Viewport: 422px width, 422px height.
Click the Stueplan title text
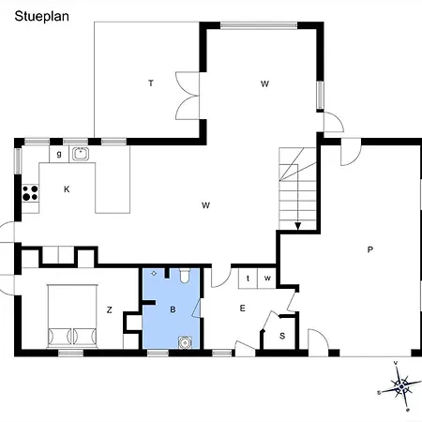tap(42, 17)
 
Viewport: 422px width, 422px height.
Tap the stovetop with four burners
tap(30, 193)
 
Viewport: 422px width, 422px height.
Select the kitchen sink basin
tap(81, 154)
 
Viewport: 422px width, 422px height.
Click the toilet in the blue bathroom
tap(185, 276)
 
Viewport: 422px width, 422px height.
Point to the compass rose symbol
tap(400, 386)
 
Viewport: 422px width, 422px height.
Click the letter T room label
tap(151, 83)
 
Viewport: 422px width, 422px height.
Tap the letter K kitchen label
tap(67, 189)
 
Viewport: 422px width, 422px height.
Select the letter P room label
tap(370, 249)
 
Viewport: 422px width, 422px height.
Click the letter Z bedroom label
tap(109, 309)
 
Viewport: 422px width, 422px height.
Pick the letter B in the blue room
tap(173, 309)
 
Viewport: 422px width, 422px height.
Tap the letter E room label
tap(242, 309)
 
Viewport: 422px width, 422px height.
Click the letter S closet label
tap(282, 336)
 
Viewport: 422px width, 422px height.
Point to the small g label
tap(59, 154)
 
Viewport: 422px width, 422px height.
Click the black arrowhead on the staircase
tap(298, 226)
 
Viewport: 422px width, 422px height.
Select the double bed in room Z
tap(72, 316)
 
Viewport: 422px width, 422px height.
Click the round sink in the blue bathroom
tap(185, 342)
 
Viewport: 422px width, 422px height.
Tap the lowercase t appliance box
tap(248, 278)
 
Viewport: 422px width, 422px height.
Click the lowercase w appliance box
tap(267, 278)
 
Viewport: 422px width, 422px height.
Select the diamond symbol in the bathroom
tap(154, 273)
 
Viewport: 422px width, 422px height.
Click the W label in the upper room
tap(264, 83)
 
